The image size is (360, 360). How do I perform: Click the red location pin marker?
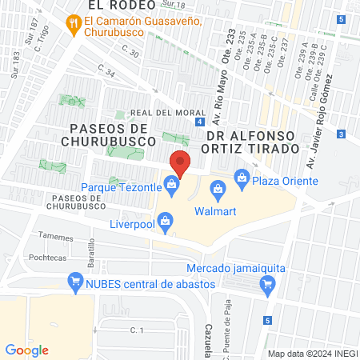click(180, 163)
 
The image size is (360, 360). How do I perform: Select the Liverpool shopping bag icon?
click(165, 218)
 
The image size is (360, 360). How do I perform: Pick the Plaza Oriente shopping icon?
click(240, 178)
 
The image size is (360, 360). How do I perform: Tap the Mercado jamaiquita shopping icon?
click(268, 282)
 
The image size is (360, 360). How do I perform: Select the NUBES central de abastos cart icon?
click(75, 282)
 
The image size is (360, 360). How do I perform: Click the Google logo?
click(27, 350)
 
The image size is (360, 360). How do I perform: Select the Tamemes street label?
click(56, 238)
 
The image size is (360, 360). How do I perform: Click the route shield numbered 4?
click(198, 122)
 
